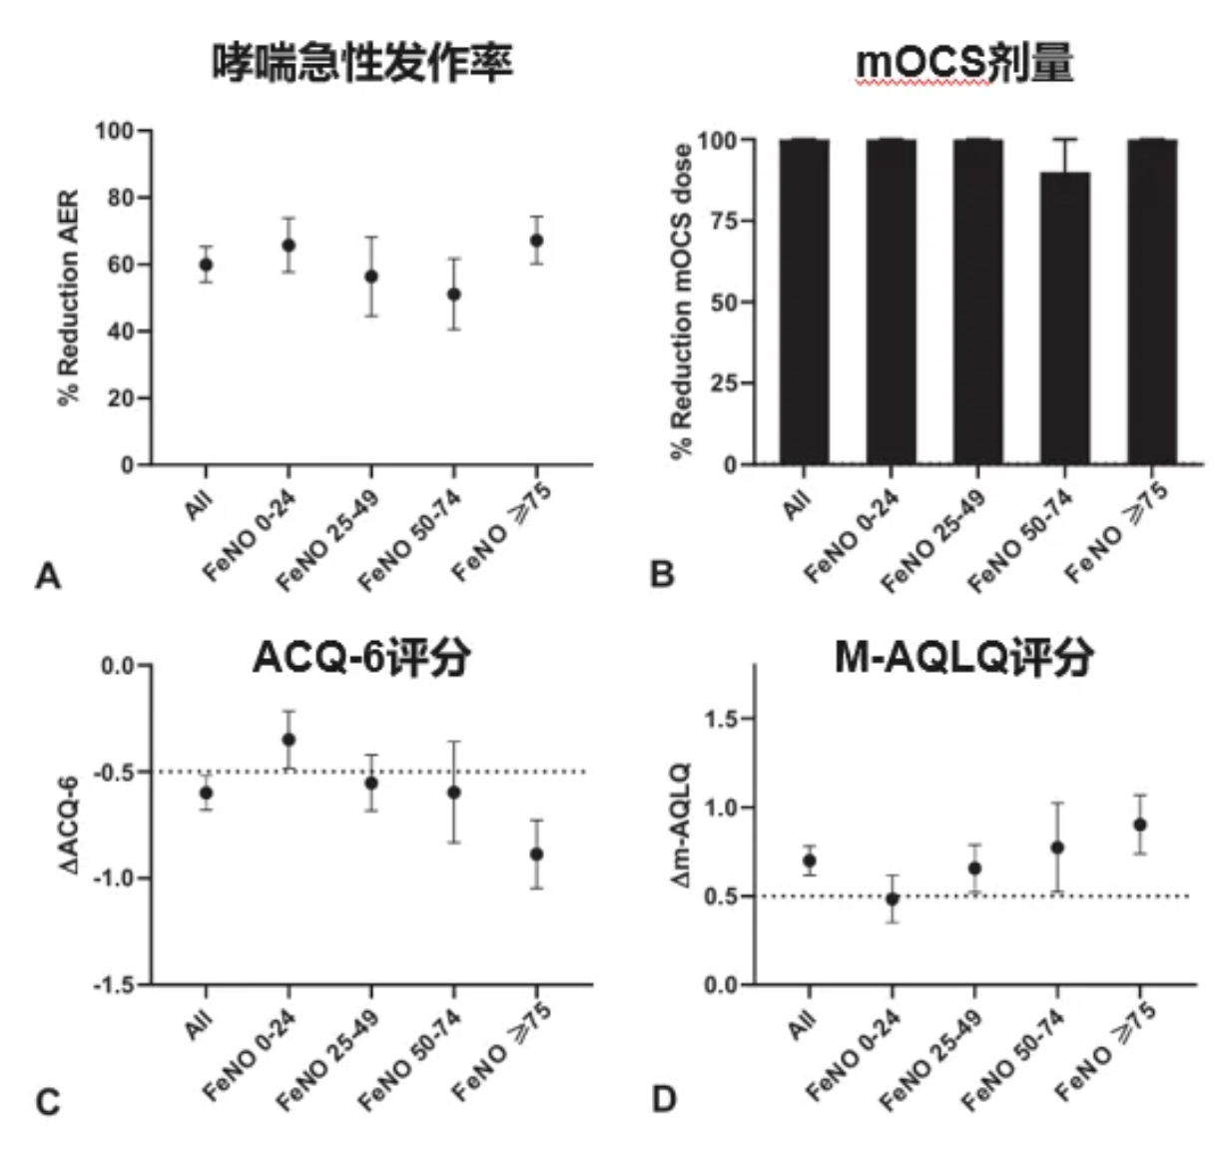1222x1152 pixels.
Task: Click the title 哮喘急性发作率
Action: [361, 63]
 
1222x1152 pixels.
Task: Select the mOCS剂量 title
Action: [964, 63]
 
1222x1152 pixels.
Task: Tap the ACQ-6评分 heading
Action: [361, 658]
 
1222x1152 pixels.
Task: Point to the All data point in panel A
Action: [206, 265]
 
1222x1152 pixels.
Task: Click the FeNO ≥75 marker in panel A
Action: [537, 241]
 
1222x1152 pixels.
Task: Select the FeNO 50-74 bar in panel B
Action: [1065, 317]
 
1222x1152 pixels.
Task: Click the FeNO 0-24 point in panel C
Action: [289, 740]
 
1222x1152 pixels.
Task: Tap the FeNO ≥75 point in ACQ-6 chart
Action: [537, 855]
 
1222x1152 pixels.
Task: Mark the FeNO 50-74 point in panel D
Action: [1057, 848]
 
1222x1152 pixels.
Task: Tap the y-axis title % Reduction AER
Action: [68, 297]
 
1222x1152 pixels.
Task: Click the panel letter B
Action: [662, 575]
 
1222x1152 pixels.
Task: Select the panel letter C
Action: [48, 1102]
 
